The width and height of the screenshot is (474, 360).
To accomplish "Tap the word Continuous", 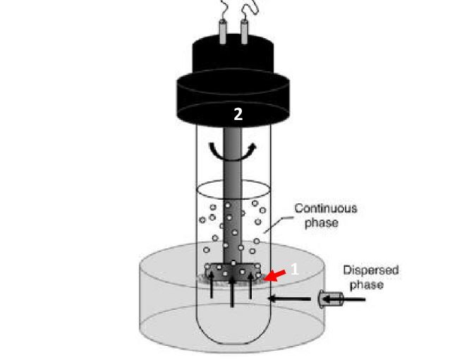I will coord(325,209).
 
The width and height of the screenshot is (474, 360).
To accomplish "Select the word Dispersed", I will coord(371,270).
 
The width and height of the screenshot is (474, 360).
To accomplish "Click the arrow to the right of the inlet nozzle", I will coord(353,300).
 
